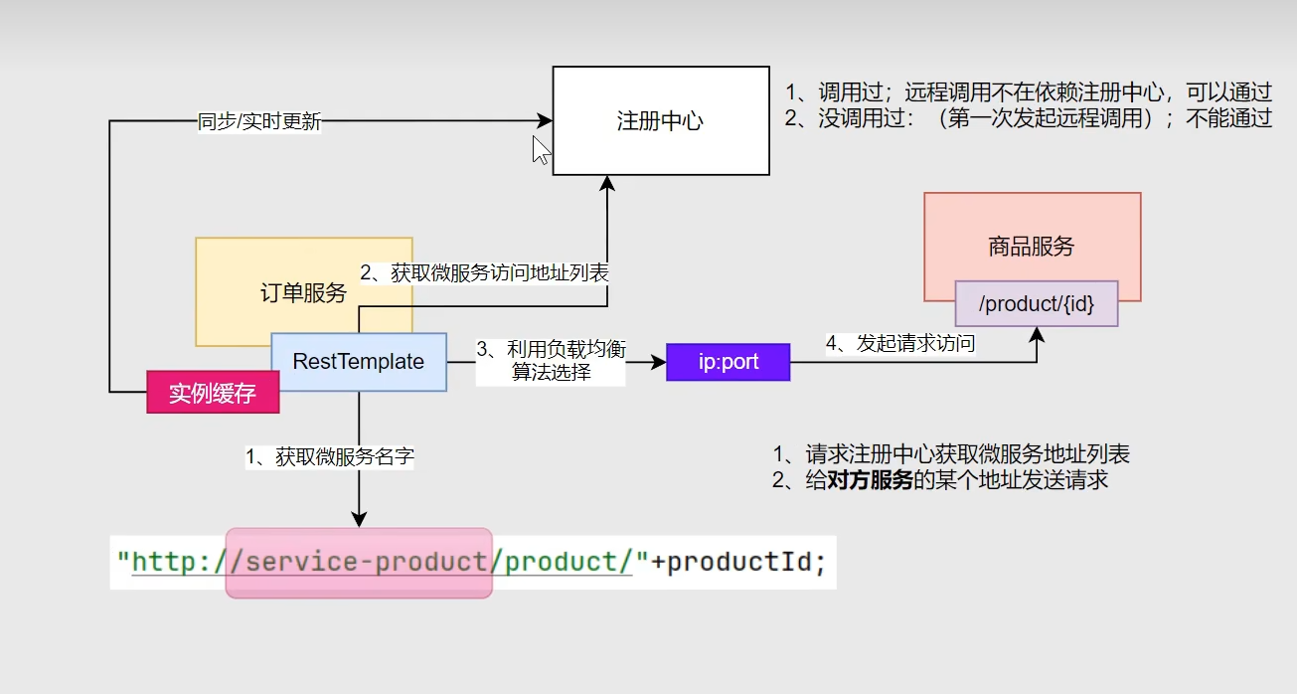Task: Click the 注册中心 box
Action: (x=660, y=120)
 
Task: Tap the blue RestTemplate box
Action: (x=358, y=362)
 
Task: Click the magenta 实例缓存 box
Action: (x=213, y=393)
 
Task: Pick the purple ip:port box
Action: (x=728, y=362)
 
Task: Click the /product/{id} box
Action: (x=1036, y=303)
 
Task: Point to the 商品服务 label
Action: (x=1032, y=246)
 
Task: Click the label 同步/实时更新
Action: (x=259, y=123)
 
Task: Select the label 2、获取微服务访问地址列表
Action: (x=484, y=273)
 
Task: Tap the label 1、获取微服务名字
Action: (x=330, y=456)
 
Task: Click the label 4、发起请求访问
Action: (x=900, y=344)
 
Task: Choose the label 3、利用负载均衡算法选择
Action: (x=551, y=361)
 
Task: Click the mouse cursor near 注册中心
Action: (x=540, y=149)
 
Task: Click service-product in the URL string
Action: (x=364, y=563)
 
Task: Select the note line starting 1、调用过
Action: (x=1028, y=92)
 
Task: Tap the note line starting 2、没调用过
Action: (x=1028, y=118)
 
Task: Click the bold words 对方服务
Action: (x=870, y=480)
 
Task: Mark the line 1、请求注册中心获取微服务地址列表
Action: (x=951, y=454)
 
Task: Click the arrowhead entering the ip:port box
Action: (x=659, y=363)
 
